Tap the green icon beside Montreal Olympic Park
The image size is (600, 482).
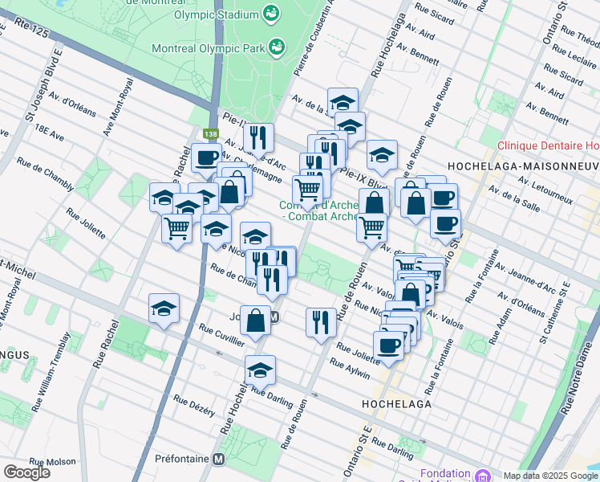pyautogui.click(x=277, y=47)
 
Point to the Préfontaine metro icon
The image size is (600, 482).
pyautogui.click(x=217, y=460)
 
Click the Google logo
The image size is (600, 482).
pyautogui.click(x=26, y=472)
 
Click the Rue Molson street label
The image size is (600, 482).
pyautogui.click(x=53, y=462)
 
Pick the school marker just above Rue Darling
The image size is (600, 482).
pyautogui.click(x=260, y=370)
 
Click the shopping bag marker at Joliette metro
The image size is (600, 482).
pyautogui.click(x=255, y=320)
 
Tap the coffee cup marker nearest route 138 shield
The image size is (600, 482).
pyautogui.click(x=206, y=157)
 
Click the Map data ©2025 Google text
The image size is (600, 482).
pyautogui.click(x=550, y=476)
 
